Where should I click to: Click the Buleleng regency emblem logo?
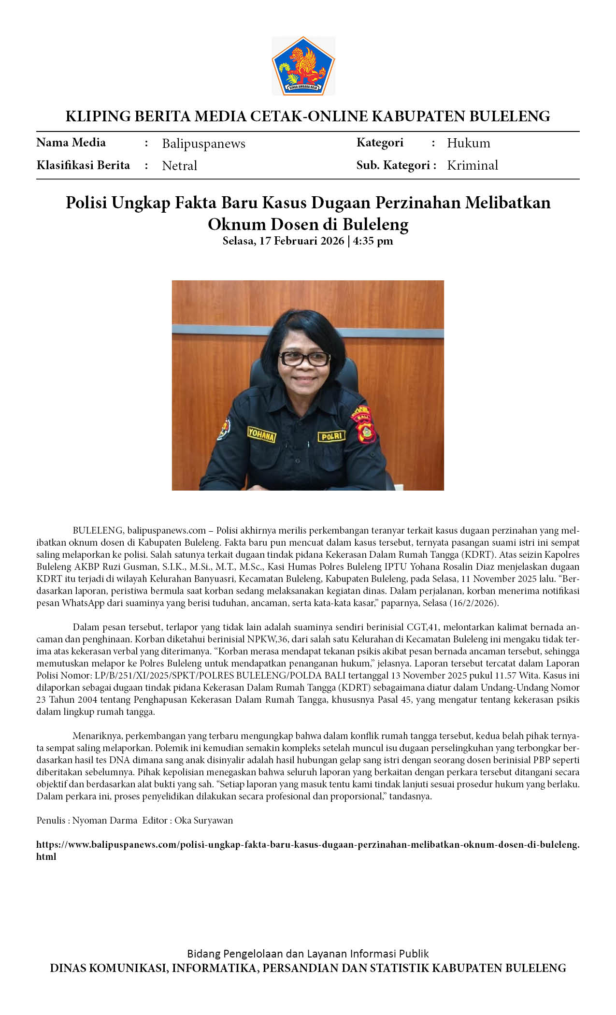pyautogui.click(x=303, y=66)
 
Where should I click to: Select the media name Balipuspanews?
pyautogui.click(x=203, y=144)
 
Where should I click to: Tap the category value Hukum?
pyautogui.click(x=468, y=143)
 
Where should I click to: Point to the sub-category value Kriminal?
pyautogui.click(x=472, y=165)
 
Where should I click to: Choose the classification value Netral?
pyautogui.click(x=179, y=166)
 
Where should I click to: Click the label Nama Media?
pyautogui.click(x=71, y=143)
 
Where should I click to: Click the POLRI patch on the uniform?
pyautogui.click(x=331, y=436)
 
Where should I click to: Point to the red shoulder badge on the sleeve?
pyautogui.click(x=363, y=425)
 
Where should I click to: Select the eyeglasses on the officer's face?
pyautogui.click(x=304, y=359)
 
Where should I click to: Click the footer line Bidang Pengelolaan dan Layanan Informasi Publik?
pyautogui.click(x=308, y=954)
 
